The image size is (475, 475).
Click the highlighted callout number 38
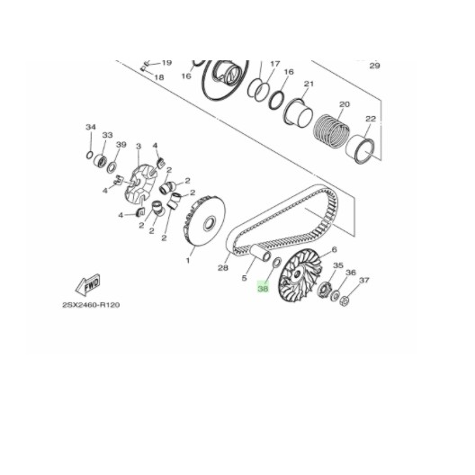[x=263, y=289]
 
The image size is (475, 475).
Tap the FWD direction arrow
[x=88, y=284]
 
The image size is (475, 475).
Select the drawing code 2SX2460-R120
[x=91, y=304]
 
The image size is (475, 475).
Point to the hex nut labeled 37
[x=345, y=301]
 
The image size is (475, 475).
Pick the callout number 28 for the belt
[x=223, y=268]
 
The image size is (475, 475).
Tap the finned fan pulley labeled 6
[x=300, y=275]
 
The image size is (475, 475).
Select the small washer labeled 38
[x=277, y=263]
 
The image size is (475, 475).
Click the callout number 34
[x=91, y=127]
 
